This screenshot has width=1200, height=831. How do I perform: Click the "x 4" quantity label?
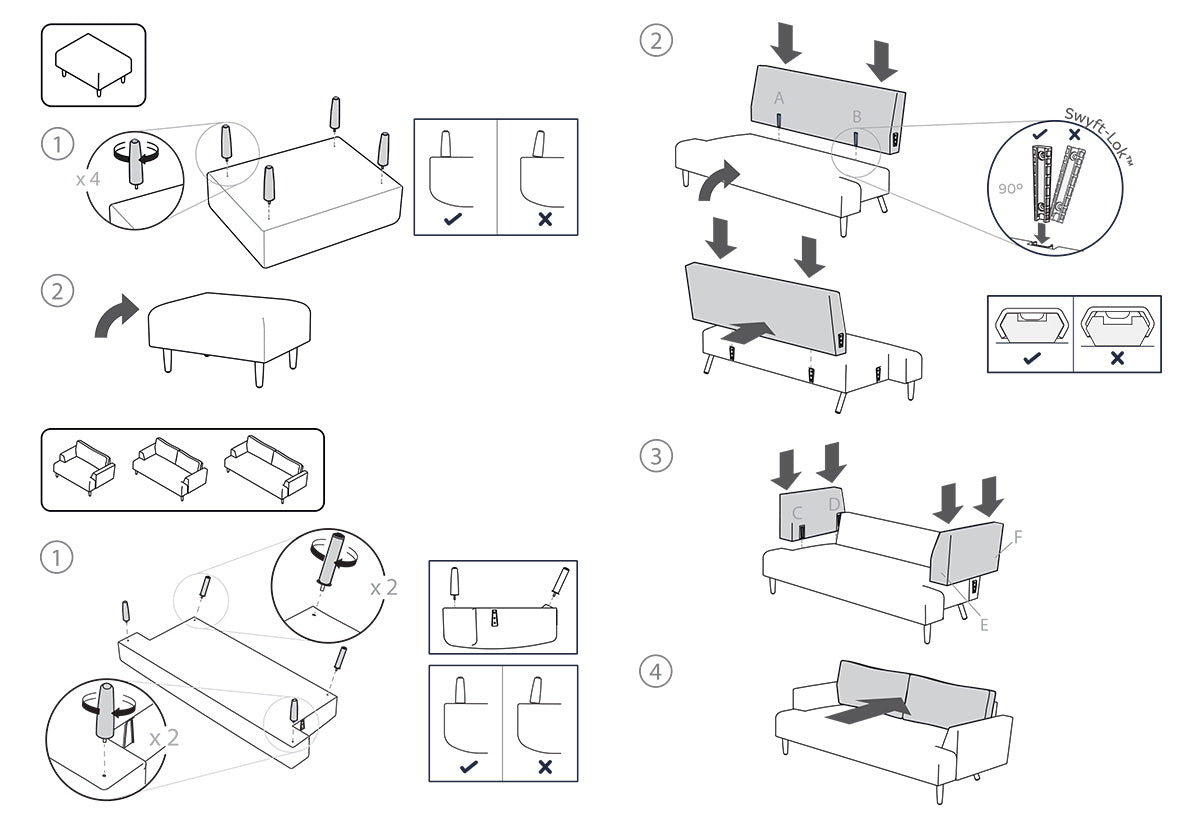pyautogui.click(x=89, y=181)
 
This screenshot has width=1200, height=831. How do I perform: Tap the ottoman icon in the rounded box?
pyautogui.click(x=93, y=64)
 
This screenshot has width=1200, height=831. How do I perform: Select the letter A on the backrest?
pyautogui.click(x=779, y=98)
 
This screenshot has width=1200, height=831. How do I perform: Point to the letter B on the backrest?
pyautogui.click(x=857, y=117)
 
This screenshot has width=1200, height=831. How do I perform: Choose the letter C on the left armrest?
pyautogui.click(x=798, y=513)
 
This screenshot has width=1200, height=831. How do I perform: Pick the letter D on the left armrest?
pyautogui.click(x=834, y=503)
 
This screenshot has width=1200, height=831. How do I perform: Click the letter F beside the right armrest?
pyautogui.click(x=1017, y=537)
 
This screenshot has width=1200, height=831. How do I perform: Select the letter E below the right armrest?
pyautogui.click(x=984, y=625)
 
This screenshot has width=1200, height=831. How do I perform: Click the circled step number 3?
pyautogui.click(x=655, y=456)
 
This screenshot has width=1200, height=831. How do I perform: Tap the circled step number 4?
pyautogui.click(x=655, y=672)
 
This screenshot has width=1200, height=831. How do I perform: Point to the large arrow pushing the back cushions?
pyautogui.click(x=867, y=711)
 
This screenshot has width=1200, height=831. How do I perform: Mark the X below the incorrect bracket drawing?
pyautogui.click(x=1116, y=358)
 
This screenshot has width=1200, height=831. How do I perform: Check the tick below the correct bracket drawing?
pyautogui.click(x=1030, y=358)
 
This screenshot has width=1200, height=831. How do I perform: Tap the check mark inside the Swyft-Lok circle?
pyautogui.click(x=1040, y=134)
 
